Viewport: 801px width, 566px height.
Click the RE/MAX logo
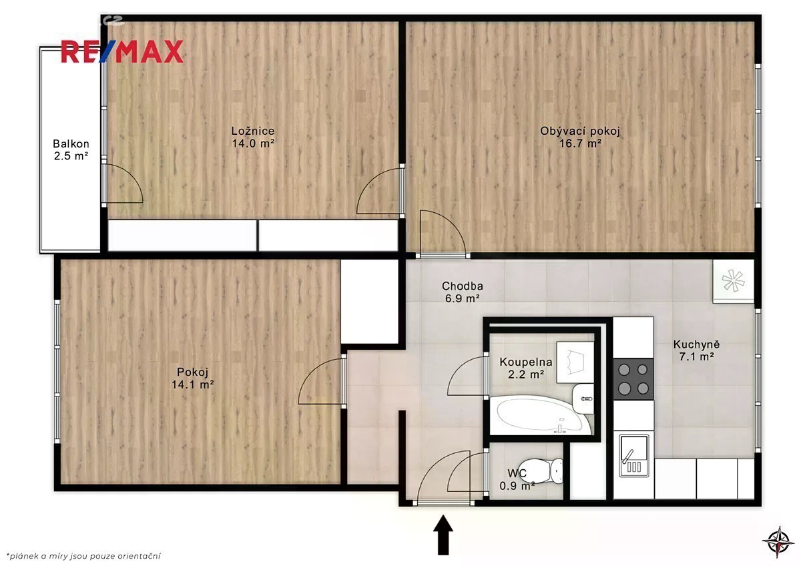point(122,52)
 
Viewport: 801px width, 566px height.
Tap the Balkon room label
point(71,150)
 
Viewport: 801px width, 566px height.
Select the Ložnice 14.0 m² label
point(253,137)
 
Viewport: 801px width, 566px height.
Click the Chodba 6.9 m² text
point(463,292)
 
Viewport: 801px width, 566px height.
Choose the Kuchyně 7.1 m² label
point(696,350)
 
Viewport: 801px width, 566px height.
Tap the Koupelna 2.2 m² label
point(526,368)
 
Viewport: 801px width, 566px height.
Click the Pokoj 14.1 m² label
point(193,378)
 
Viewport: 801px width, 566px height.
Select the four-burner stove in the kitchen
point(633,379)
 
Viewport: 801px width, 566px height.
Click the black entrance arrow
point(443,535)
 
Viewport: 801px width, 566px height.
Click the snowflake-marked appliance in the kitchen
point(733,281)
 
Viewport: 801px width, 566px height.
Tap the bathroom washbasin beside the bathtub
point(583,398)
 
